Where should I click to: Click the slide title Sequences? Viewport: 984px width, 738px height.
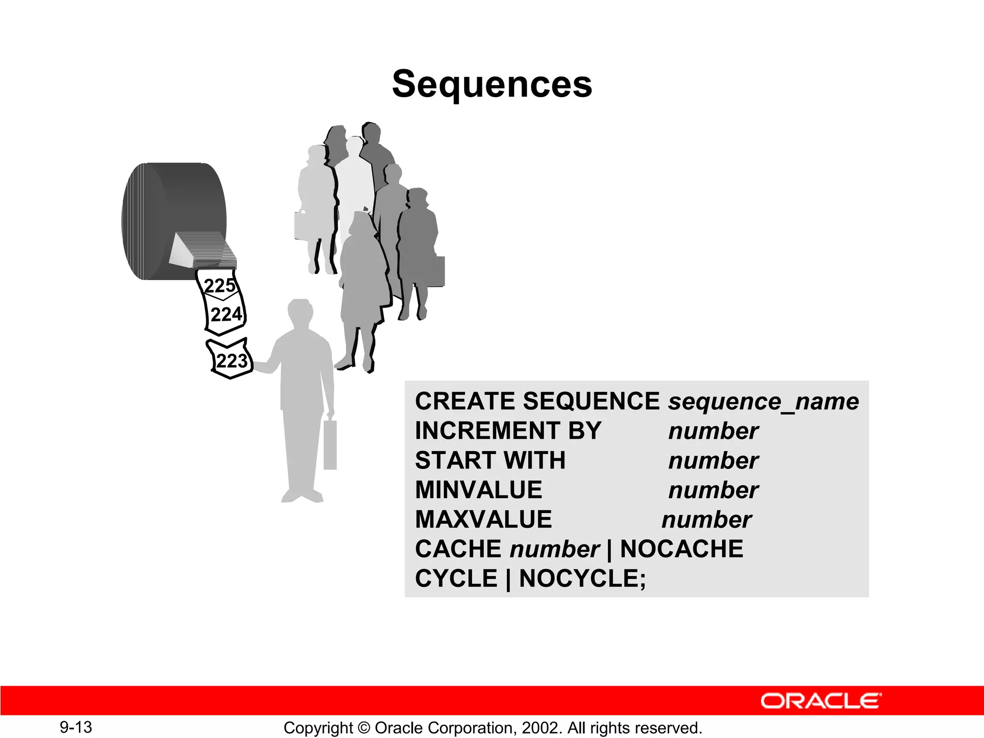(x=492, y=84)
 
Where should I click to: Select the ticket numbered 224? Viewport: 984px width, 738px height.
(x=226, y=315)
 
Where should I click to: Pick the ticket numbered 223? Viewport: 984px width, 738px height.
(x=231, y=361)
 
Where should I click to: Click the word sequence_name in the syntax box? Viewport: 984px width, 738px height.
(x=763, y=401)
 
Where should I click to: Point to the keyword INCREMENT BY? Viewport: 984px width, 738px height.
(x=508, y=430)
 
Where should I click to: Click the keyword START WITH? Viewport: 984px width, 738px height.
(x=490, y=460)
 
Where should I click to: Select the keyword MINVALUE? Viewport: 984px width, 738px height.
(x=479, y=490)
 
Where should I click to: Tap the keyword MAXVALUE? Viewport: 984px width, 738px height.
(x=483, y=519)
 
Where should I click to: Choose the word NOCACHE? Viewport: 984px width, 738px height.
(x=681, y=549)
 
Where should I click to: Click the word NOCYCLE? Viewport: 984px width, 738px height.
(x=582, y=578)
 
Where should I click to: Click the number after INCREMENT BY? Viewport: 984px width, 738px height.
(x=713, y=431)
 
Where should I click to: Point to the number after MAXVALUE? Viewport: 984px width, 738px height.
(x=706, y=520)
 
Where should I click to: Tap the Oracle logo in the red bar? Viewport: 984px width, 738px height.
(x=821, y=701)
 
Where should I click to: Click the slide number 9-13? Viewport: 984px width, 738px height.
(x=76, y=727)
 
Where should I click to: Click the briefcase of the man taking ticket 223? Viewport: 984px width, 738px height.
(x=330, y=444)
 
